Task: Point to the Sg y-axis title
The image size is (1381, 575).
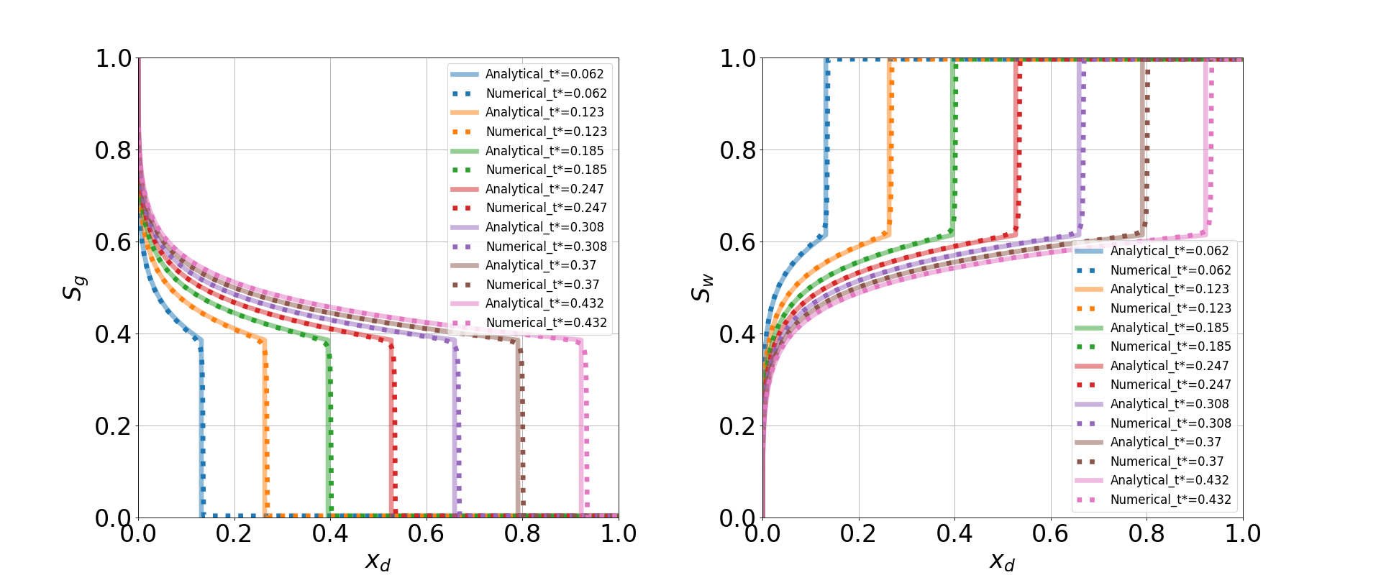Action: click(74, 287)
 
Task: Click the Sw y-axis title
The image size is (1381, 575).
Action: click(701, 287)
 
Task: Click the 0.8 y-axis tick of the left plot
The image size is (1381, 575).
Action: click(114, 150)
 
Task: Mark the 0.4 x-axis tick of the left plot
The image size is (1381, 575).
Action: click(330, 534)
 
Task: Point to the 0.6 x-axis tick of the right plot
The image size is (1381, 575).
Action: click(1050, 534)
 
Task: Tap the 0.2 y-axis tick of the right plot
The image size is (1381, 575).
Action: click(738, 426)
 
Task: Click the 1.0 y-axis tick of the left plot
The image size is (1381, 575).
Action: click(114, 58)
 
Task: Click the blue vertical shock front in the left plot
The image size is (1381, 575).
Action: click(201, 431)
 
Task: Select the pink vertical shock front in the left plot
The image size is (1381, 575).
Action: click(583, 431)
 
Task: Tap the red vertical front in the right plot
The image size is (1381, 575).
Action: click(1017, 144)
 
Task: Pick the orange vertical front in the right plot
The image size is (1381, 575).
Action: click(890, 144)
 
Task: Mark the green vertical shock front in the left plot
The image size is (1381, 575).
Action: click(329, 431)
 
